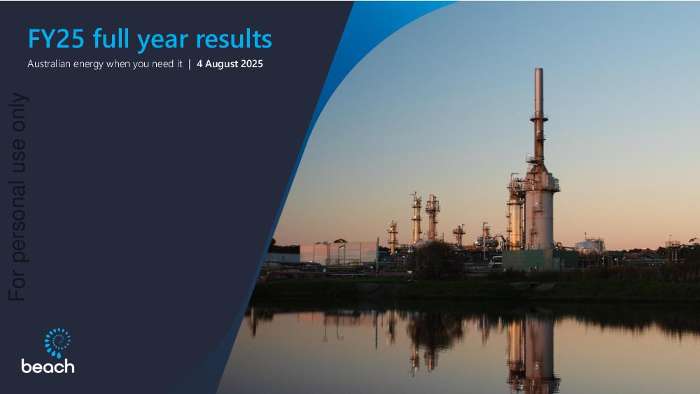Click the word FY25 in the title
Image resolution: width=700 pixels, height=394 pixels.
[56, 38]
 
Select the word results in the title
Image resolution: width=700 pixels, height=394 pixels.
[234, 38]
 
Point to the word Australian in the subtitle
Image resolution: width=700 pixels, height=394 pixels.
[49, 64]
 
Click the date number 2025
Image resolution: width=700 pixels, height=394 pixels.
[252, 64]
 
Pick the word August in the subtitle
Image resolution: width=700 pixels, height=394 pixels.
[221, 64]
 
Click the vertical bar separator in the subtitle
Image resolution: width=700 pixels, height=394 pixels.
[189, 64]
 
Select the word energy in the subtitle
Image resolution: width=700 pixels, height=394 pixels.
[88, 64]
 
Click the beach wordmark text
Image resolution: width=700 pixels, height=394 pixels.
[48, 366]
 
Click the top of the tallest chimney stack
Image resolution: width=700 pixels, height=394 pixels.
[539, 69]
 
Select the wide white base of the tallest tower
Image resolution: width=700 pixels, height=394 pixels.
[539, 218]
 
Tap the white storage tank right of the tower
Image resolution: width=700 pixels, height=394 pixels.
[589, 245]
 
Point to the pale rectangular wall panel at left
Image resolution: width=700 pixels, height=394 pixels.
[338, 253]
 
